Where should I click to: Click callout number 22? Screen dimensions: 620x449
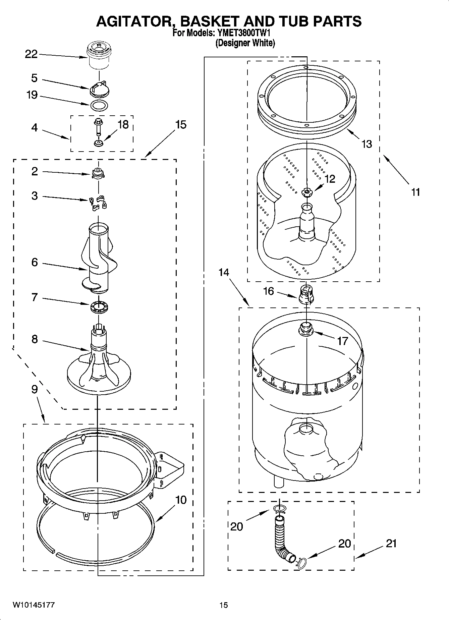31,54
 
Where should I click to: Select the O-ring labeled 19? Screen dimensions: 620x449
99,105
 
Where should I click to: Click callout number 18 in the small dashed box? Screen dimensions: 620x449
123,125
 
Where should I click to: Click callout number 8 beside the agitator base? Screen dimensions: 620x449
35,339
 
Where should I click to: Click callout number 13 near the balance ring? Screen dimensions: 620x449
367,144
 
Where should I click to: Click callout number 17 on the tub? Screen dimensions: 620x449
342,341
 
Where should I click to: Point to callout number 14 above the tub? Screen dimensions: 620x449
224,272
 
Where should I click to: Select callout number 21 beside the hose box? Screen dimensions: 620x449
391,544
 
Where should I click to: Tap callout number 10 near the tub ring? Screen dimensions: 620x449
181,500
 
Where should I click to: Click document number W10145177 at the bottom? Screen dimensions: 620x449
34,605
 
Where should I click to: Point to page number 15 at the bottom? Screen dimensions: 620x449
224,605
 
